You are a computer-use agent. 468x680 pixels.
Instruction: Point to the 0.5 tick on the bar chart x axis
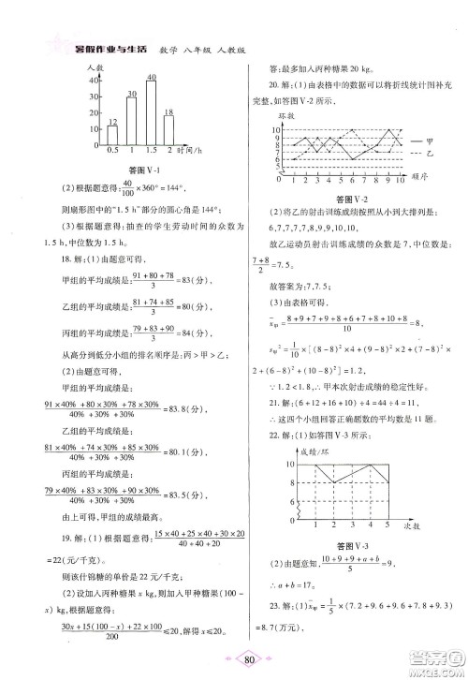(112, 150)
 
